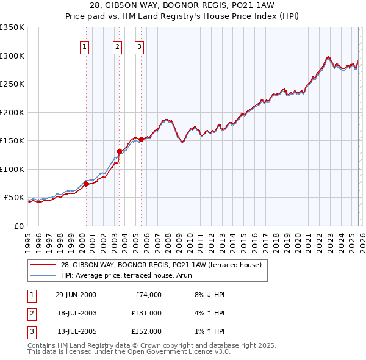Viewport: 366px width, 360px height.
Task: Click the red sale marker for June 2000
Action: pos(87,184)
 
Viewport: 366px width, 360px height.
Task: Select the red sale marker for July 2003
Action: pos(120,151)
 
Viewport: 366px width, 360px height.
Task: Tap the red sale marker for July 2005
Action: pos(141,139)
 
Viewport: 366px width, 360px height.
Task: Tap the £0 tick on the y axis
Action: pos(19,226)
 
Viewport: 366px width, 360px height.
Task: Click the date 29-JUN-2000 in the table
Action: pos(76,295)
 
